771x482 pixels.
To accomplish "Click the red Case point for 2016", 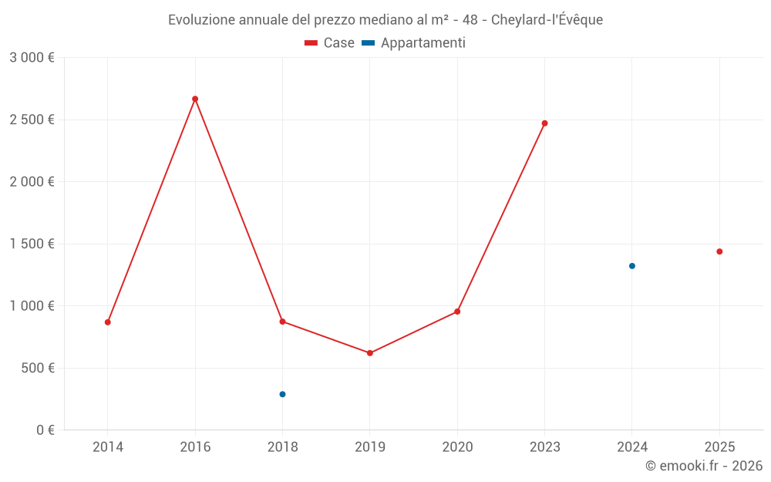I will [195, 99].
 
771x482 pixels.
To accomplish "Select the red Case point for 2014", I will [108, 322].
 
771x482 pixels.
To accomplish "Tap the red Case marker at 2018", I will [282, 322].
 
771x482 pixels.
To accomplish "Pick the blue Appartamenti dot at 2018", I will [282, 394].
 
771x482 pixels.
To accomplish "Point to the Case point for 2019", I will [370, 353].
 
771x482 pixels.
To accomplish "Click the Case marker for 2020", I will [457, 312].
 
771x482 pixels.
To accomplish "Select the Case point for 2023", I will [544, 123].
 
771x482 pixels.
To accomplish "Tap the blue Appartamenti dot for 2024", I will [632, 266].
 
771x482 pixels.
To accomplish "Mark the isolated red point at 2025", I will [719, 251].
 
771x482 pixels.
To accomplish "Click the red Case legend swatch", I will [311, 43].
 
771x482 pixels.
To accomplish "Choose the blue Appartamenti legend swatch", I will [369, 43].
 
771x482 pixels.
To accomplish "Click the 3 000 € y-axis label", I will [32, 58].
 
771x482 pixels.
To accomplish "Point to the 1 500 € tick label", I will [32, 244].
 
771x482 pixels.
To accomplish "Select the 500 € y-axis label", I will [37, 368].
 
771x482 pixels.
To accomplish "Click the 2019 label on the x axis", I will [370, 447].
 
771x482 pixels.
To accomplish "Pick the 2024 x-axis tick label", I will [632, 447].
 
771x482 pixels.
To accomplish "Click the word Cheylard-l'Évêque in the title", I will [547, 20].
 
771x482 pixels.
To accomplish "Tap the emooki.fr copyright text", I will [704, 466].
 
